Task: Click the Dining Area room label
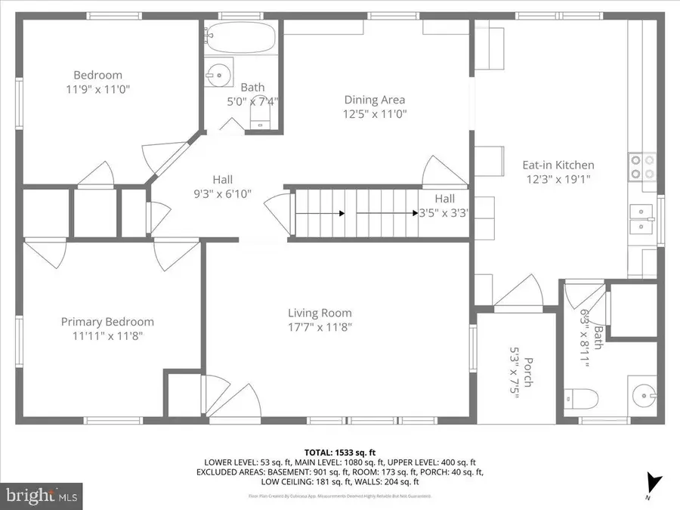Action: (374, 100)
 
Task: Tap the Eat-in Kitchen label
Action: (558, 165)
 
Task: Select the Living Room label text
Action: (320, 313)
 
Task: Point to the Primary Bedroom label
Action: (107, 322)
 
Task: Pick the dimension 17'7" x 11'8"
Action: (320, 327)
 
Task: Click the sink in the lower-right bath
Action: (644, 394)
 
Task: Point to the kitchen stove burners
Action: (641, 166)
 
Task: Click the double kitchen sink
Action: (642, 218)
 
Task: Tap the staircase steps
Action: (355, 214)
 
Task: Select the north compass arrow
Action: (653, 481)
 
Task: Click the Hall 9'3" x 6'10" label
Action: (222, 187)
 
